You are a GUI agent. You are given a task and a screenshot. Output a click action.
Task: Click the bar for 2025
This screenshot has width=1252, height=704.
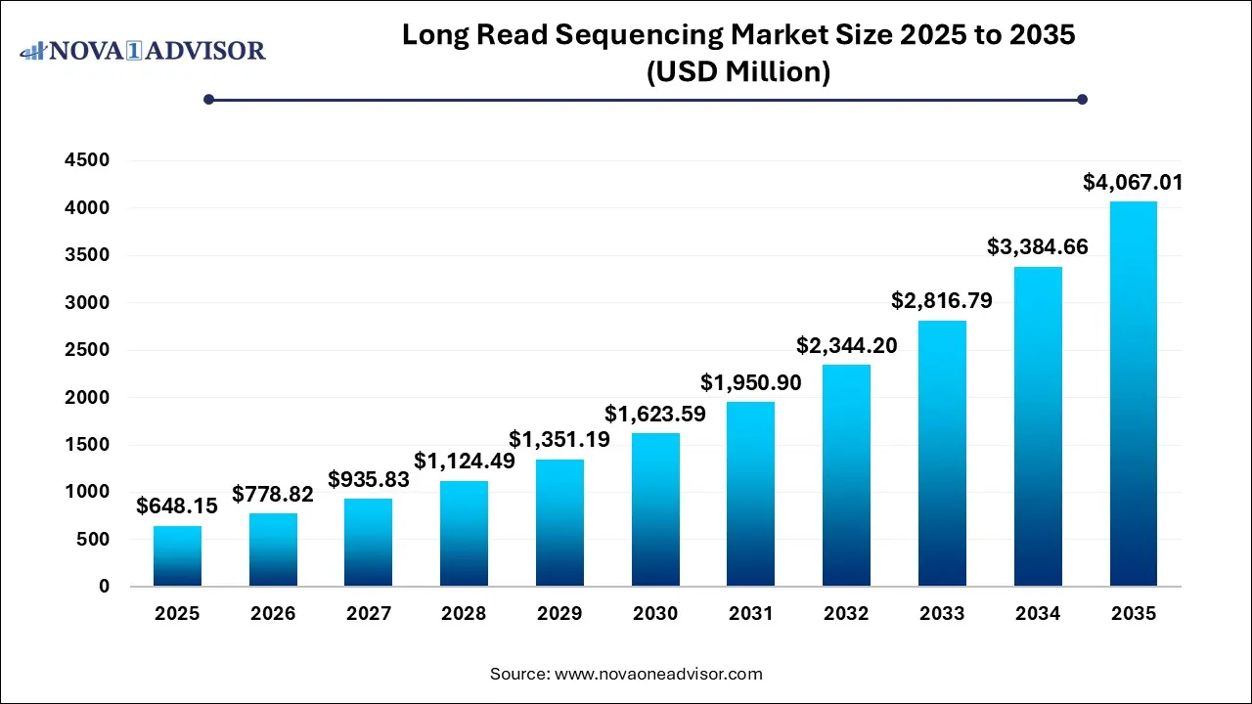click(177, 556)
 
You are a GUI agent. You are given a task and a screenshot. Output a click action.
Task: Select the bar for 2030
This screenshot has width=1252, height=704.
click(655, 509)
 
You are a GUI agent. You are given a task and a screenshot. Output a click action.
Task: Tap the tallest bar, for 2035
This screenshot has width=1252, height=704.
click(1134, 394)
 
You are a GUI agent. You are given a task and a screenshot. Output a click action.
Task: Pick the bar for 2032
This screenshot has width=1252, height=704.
click(846, 475)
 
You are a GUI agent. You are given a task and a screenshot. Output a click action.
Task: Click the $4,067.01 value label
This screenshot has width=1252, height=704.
click(1134, 182)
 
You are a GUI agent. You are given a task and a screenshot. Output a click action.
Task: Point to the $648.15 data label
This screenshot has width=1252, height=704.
click(177, 506)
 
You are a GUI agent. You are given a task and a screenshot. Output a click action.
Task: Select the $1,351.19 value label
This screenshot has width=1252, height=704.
click(559, 439)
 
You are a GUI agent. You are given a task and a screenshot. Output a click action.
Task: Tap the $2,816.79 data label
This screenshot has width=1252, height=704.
click(942, 300)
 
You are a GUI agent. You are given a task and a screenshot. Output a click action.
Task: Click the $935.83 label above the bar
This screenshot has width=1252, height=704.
click(369, 479)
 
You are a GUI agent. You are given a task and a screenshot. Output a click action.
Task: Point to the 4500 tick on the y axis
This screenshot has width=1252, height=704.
click(89, 161)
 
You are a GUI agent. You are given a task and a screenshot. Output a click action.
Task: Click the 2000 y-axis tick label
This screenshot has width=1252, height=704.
click(89, 398)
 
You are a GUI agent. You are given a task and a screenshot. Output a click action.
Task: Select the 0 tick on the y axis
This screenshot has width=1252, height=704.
click(104, 587)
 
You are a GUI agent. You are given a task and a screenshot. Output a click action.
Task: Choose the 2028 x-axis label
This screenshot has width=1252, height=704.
click(465, 614)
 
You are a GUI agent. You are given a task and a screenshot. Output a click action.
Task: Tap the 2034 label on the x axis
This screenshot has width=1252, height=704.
click(1038, 614)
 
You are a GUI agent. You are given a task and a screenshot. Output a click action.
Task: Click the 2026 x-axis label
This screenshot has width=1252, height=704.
click(273, 614)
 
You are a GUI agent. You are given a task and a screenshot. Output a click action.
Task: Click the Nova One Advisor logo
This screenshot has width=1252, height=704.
click(143, 50)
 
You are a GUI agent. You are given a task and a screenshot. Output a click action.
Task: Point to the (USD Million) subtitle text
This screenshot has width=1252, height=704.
click(738, 72)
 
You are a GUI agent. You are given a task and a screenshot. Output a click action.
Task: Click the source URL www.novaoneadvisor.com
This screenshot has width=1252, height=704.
click(658, 674)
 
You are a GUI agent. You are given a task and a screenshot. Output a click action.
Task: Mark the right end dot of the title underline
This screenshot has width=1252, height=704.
click(1082, 99)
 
